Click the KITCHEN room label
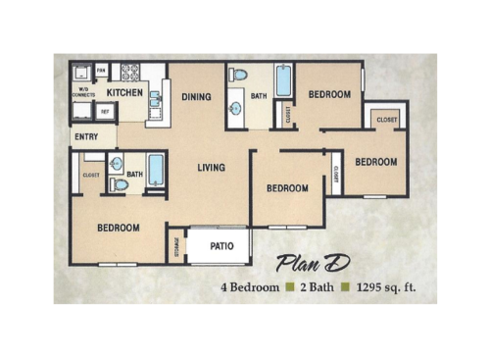pos(124,92)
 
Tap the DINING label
pos(196,96)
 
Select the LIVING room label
pos(211,168)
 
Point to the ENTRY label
pos(85,136)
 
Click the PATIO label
pos(221,246)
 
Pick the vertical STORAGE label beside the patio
pos(176,246)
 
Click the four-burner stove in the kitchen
pos(129,72)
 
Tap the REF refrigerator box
pos(105,111)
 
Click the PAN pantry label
pos(101,71)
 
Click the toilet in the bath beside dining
pos(239,75)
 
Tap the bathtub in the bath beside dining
pos(283,80)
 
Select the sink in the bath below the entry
pos(117,165)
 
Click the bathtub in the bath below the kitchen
pos(156,170)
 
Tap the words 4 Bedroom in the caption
pos(253,288)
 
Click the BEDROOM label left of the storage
pos(118,228)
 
